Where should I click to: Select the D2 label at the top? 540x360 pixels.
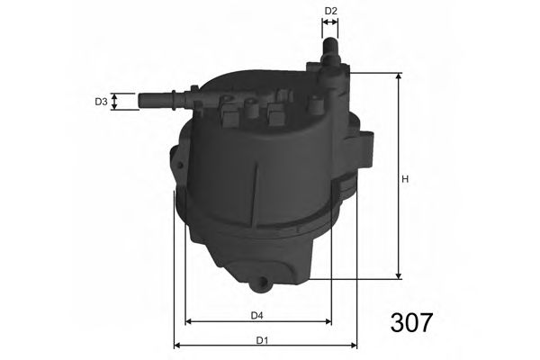tap(330, 11)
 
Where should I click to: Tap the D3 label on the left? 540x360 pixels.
tap(102, 103)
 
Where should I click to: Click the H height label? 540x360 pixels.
tap(405, 179)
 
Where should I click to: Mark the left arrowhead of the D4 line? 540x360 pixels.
tap(189, 321)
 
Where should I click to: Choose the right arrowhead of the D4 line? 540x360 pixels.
tap(327, 321)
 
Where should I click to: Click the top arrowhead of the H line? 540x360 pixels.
tap(397, 76)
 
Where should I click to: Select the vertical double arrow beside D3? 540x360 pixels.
tap(120, 102)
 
